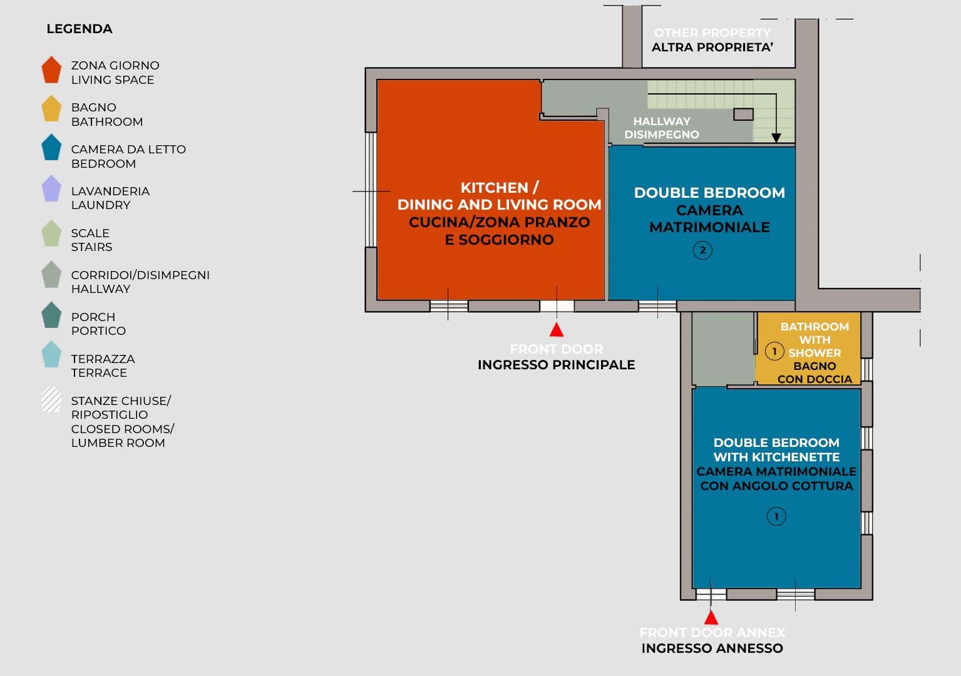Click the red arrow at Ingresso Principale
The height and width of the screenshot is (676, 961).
coord(556,330)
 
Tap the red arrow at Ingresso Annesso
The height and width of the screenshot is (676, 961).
coord(711,617)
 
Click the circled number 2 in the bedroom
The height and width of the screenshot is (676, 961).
coord(702,250)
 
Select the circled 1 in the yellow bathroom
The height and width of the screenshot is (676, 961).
coord(774,351)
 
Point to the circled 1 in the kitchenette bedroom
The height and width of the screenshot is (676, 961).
coord(776,516)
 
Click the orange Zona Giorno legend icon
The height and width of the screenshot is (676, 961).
coord(51,70)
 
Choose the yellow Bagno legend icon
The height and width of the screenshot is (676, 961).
coord(51,109)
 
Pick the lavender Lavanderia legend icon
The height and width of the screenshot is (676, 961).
coord(51,189)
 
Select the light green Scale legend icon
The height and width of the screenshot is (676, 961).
coord(51,233)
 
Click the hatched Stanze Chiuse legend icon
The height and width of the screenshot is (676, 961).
coord(51,401)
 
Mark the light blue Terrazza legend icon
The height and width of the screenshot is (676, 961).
coord(51,355)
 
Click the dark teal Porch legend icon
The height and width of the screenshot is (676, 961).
coord(51,315)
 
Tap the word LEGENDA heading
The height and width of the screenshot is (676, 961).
coord(80,29)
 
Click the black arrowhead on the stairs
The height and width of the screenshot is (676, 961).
coord(776,138)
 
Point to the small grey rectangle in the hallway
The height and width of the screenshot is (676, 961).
coord(743,115)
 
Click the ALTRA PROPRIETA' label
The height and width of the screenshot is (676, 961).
coord(712,47)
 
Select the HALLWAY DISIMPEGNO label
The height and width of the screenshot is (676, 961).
coord(662,128)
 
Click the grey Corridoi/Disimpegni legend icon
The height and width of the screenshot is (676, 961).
coord(51,275)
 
